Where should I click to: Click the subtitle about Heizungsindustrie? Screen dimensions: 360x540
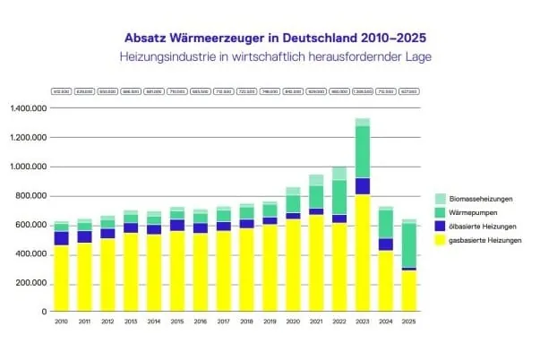(x=270, y=56)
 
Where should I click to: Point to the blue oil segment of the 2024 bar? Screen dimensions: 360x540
(x=385, y=244)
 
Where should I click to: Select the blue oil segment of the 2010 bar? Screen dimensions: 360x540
(x=62, y=238)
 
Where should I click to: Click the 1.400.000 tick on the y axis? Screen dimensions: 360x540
(x=30, y=108)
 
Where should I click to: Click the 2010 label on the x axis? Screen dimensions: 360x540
(x=62, y=321)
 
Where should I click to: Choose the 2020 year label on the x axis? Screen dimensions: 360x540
(x=293, y=321)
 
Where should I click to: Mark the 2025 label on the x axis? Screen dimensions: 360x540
(x=408, y=321)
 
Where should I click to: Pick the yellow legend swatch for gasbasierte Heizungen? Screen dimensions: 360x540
(x=440, y=241)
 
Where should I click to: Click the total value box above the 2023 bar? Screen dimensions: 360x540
(x=362, y=91)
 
